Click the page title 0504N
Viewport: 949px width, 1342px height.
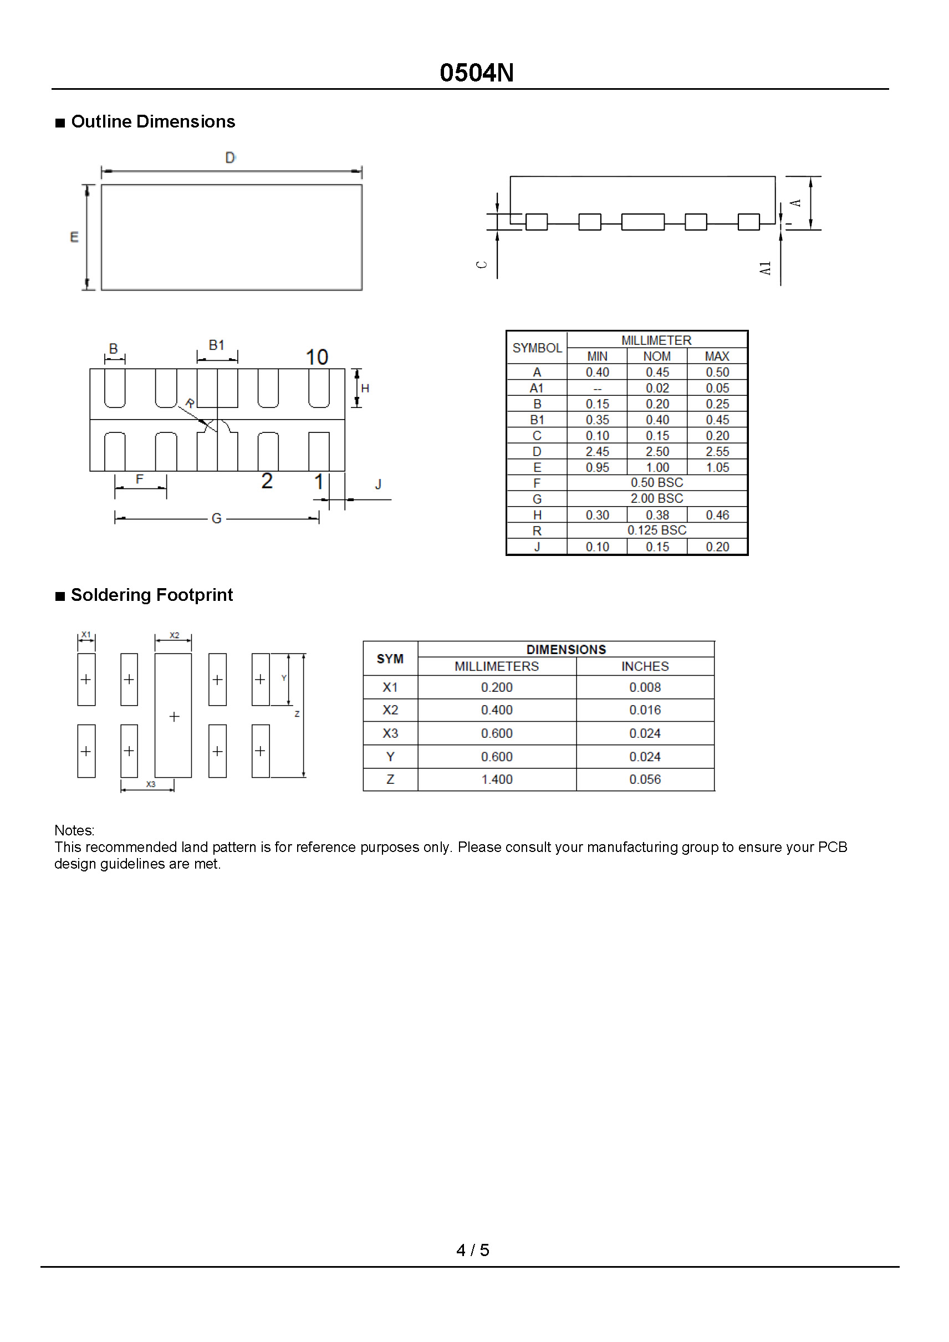pyautogui.click(x=476, y=73)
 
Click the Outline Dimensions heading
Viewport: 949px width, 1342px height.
pyautogui.click(x=152, y=121)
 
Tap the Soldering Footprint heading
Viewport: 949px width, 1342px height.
pyautogui.click(x=151, y=595)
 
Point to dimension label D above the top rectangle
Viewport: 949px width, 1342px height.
pyautogui.click(x=230, y=158)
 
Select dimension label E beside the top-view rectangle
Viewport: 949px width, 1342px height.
pyautogui.click(x=74, y=237)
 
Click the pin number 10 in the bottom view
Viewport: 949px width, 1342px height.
pyautogui.click(x=317, y=357)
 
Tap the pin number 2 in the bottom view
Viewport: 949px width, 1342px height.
pyautogui.click(x=267, y=481)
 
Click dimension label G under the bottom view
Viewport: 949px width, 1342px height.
pyautogui.click(x=216, y=518)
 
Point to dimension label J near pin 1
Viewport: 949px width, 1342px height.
pyautogui.click(x=378, y=484)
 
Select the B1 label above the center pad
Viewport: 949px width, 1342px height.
pyautogui.click(x=216, y=345)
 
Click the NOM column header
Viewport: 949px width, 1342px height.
pyautogui.click(x=657, y=356)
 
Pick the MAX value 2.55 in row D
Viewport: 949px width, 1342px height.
pyautogui.click(x=717, y=452)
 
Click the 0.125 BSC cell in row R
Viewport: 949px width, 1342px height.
pyautogui.click(x=657, y=530)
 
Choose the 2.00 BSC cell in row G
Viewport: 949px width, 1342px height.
pyautogui.click(x=657, y=498)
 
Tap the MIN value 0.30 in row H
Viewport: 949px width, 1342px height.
pyautogui.click(x=597, y=515)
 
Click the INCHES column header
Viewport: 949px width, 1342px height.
pyautogui.click(x=645, y=666)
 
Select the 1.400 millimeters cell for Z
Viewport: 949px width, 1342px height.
pyautogui.click(x=497, y=779)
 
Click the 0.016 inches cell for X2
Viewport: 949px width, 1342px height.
pyautogui.click(x=645, y=710)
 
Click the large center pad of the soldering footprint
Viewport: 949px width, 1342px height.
pyautogui.click(x=174, y=716)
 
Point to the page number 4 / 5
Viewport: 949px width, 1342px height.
pyautogui.click(x=473, y=1249)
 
